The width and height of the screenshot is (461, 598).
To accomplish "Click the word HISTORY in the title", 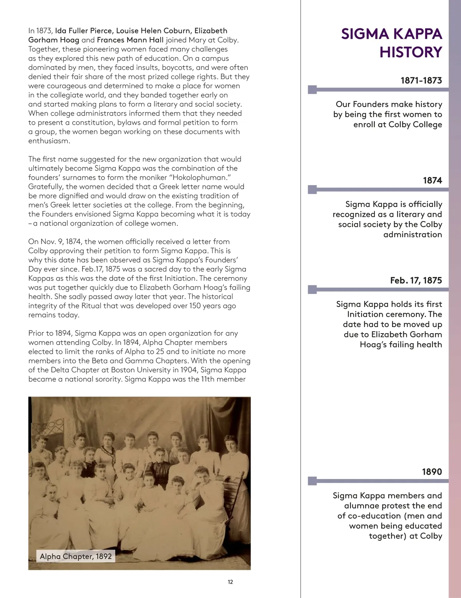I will (411, 52).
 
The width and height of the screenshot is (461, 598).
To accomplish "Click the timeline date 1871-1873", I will (421, 81).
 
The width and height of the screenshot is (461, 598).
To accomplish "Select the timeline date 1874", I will (432, 180).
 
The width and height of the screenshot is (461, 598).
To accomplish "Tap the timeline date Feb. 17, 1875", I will (416, 281).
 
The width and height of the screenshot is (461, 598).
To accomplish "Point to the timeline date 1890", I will (432, 472).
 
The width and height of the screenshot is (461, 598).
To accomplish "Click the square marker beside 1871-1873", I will (313, 90).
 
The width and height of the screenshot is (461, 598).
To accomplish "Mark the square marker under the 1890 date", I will (313, 481).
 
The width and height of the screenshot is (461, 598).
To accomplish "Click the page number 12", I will (230, 582).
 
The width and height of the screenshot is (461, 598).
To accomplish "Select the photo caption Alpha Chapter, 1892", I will (76, 556).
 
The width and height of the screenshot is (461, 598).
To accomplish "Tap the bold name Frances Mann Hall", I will (130, 40).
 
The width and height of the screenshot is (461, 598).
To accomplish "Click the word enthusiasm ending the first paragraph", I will (49, 141).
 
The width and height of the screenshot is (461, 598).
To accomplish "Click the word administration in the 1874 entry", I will (413, 235).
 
